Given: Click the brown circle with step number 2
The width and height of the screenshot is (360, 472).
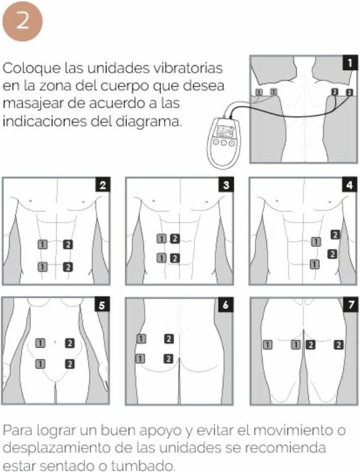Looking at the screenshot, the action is pyautogui.click(x=22, y=21).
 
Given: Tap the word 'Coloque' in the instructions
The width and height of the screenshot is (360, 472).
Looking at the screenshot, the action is pyautogui.click(x=31, y=68).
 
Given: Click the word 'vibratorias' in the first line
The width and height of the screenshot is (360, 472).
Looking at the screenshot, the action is pyautogui.click(x=188, y=67).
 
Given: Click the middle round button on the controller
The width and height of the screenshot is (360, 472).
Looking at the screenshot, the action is pyautogui.click(x=224, y=142).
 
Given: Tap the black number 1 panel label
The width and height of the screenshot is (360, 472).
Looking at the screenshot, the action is pyautogui.click(x=350, y=63).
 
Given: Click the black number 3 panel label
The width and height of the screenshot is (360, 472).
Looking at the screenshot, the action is pyautogui.click(x=226, y=185).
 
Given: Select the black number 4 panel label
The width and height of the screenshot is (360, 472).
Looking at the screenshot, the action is pyautogui.click(x=350, y=185).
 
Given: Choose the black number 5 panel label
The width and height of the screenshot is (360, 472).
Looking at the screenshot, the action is pyautogui.click(x=101, y=304).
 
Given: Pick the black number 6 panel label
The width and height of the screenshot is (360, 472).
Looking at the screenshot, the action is pyautogui.click(x=226, y=304).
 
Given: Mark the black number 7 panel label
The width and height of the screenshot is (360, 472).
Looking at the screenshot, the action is pyautogui.click(x=350, y=304).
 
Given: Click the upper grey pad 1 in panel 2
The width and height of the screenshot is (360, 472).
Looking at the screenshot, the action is pyautogui.click(x=43, y=244).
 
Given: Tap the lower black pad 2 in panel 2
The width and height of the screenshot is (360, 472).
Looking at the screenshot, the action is pyautogui.click(x=68, y=267).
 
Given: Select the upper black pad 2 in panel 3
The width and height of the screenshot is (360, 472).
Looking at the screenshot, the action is pyautogui.click(x=175, y=239).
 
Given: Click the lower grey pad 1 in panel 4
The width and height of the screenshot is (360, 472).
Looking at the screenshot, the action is pyautogui.click(x=315, y=264).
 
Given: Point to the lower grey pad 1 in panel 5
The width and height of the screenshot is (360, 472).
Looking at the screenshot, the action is pyautogui.click(x=40, y=364).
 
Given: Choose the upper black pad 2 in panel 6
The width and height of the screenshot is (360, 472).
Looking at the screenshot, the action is pyautogui.click(x=169, y=339).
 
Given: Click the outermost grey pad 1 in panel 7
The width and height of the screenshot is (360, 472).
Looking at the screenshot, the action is pyautogui.click(x=268, y=344).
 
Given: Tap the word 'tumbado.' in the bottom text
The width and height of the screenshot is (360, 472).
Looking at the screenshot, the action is pyautogui.click(x=143, y=465).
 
